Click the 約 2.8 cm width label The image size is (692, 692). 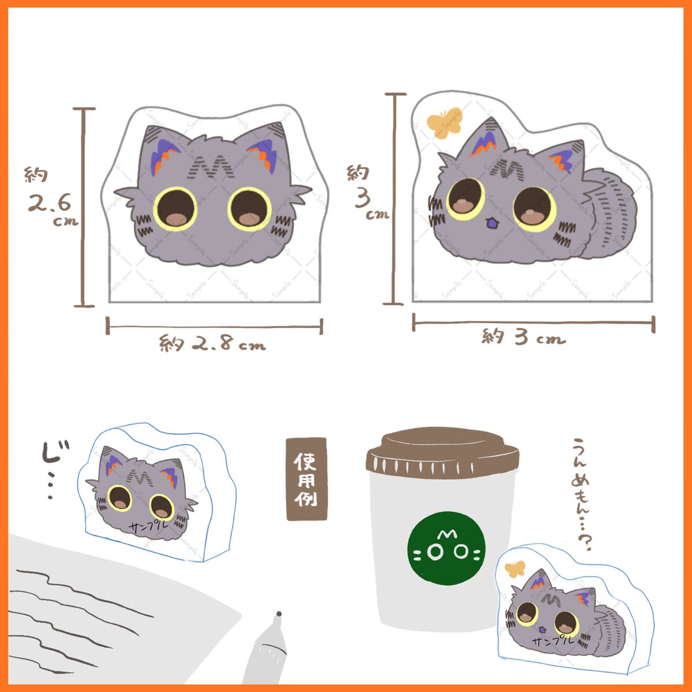click(212, 344)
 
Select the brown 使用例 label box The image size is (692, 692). click(306, 479)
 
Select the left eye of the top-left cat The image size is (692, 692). click(175, 208)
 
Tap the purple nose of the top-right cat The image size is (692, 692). click(491, 222)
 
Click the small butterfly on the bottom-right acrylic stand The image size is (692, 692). click(515, 569)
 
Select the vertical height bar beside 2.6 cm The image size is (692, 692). click(84, 207)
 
